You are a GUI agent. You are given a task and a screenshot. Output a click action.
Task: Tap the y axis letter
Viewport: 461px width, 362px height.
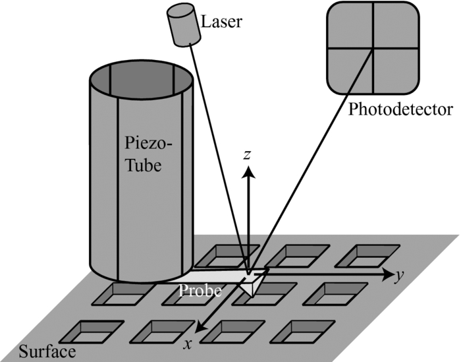(398, 275)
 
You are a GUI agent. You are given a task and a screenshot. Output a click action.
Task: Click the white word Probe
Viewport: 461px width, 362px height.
(200, 291)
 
